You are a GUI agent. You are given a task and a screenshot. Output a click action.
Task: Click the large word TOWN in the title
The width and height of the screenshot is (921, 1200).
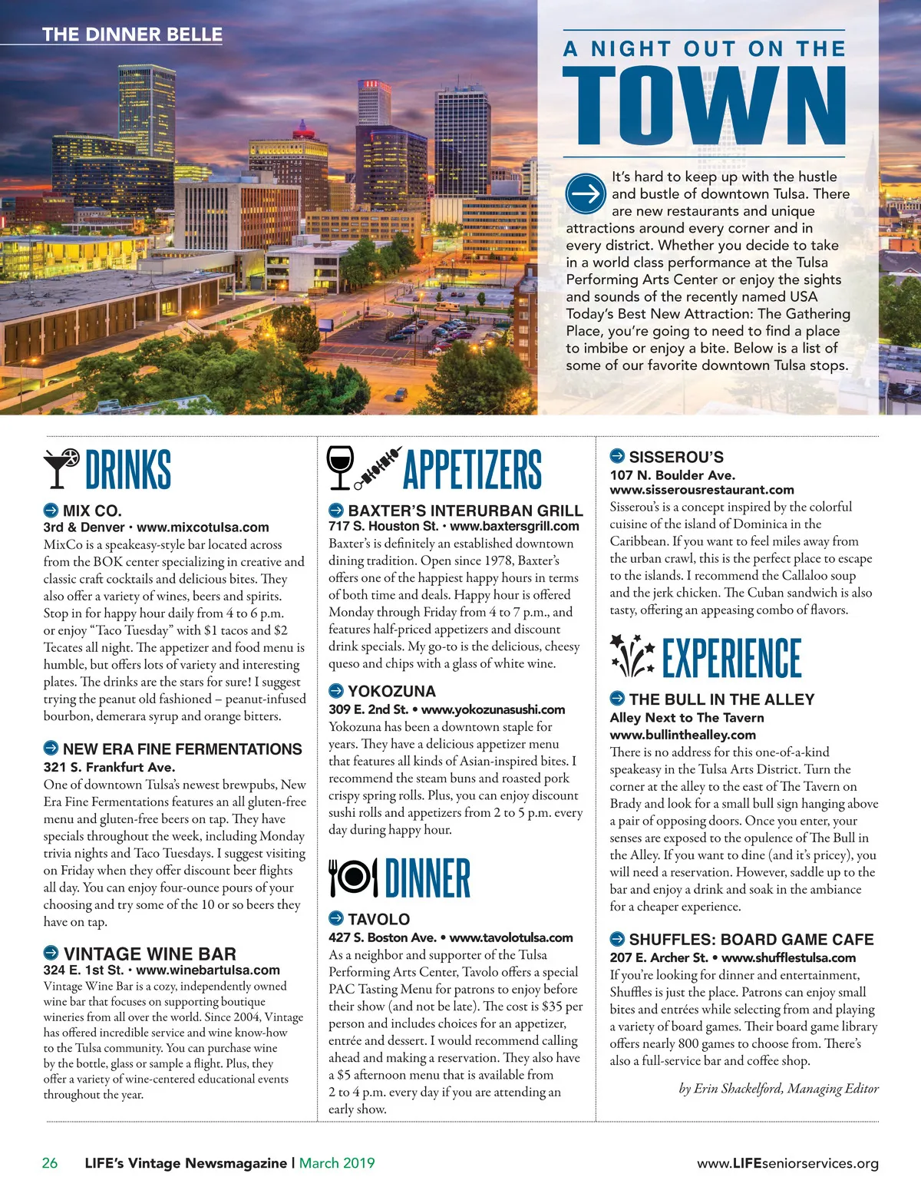pyautogui.click(x=704, y=106)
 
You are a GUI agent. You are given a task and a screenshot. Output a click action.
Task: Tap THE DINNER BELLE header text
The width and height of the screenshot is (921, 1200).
pyautogui.click(x=132, y=35)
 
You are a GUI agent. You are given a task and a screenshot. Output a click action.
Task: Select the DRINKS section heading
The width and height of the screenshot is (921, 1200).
pyautogui.click(x=128, y=470)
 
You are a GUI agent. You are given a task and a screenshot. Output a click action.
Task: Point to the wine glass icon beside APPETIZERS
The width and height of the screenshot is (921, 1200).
pyautogui.click(x=340, y=467)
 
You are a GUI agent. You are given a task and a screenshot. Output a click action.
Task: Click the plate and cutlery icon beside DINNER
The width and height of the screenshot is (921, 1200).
pyautogui.click(x=353, y=878)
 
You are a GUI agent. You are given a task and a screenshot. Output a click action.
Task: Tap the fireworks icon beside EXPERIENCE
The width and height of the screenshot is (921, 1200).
pyautogui.click(x=632, y=656)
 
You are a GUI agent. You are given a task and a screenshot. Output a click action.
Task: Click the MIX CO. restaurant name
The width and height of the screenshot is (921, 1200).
pyautogui.click(x=92, y=511)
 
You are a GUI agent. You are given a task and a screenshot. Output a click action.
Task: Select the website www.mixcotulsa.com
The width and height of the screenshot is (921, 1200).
pyautogui.click(x=203, y=527)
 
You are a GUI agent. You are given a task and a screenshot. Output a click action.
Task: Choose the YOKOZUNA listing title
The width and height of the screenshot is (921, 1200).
pyautogui.click(x=391, y=691)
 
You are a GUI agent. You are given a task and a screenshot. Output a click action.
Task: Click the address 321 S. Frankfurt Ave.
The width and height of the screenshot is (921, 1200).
pyautogui.click(x=109, y=767)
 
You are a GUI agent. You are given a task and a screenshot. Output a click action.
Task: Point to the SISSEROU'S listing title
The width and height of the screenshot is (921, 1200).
pyautogui.click(x=676, y=457)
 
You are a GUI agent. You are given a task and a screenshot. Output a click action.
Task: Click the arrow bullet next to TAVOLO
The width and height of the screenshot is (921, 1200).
pyautogui.click(x=336, y=918)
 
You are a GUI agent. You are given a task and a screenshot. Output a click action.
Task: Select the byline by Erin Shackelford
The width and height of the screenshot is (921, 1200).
pyautogui.click(x=778, y=1089)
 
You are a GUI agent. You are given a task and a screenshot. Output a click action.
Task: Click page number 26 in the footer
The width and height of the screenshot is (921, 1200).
pyautogui.click(x=49, y=1163)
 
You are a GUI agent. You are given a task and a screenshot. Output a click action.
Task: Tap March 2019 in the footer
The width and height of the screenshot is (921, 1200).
pyautogui.click(x=337, y=1163)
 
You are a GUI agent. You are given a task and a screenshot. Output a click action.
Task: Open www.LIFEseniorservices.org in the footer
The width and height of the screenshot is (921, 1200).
pyautogui.click(x=787, y=1164)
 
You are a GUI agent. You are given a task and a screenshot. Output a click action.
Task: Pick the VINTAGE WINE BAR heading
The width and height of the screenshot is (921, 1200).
pyautogui.click(x=150, y=954)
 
